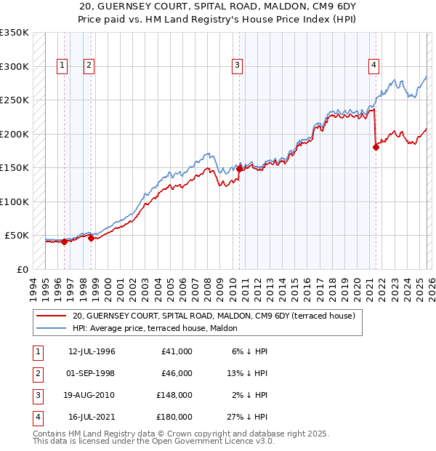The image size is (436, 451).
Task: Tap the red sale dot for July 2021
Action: (376, 147)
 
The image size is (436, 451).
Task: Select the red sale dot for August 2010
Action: (239, 169)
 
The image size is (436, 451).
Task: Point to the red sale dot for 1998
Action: (91, 238)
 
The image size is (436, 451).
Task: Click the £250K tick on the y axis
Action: (14, 100)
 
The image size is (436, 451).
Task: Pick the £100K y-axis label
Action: (14, 201)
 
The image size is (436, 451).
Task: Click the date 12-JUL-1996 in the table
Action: (92, 351)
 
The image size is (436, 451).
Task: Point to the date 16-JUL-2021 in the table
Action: (92, 418)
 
